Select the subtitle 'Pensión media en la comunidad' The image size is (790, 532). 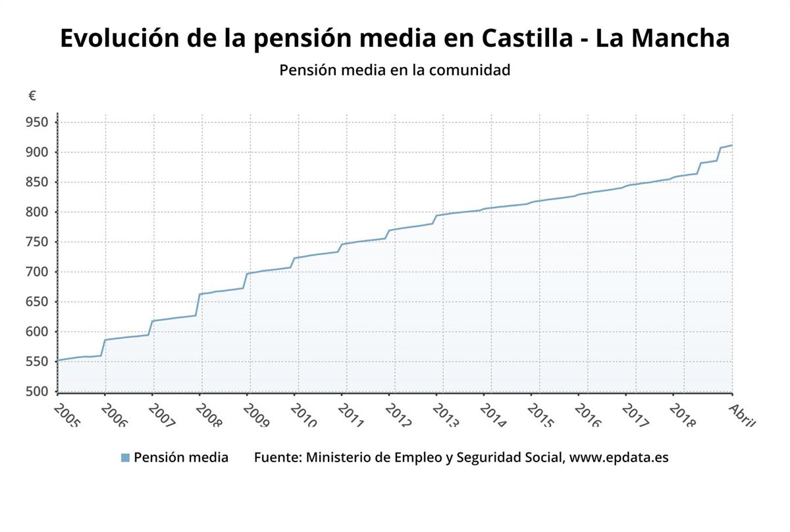(395, 70)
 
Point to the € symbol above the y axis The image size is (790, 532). (32, 96)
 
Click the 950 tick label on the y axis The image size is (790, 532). (38, 122)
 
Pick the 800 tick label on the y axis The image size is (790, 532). (38, 212)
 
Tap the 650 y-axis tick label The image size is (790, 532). (38, 302)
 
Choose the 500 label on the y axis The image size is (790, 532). (38, 392)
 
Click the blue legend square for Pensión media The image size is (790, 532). (125, 458)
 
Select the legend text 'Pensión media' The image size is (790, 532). (181, 458)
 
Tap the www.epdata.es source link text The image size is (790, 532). (619, 458)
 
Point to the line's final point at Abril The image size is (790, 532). (732, 145)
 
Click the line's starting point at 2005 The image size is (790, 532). (58, 361)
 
